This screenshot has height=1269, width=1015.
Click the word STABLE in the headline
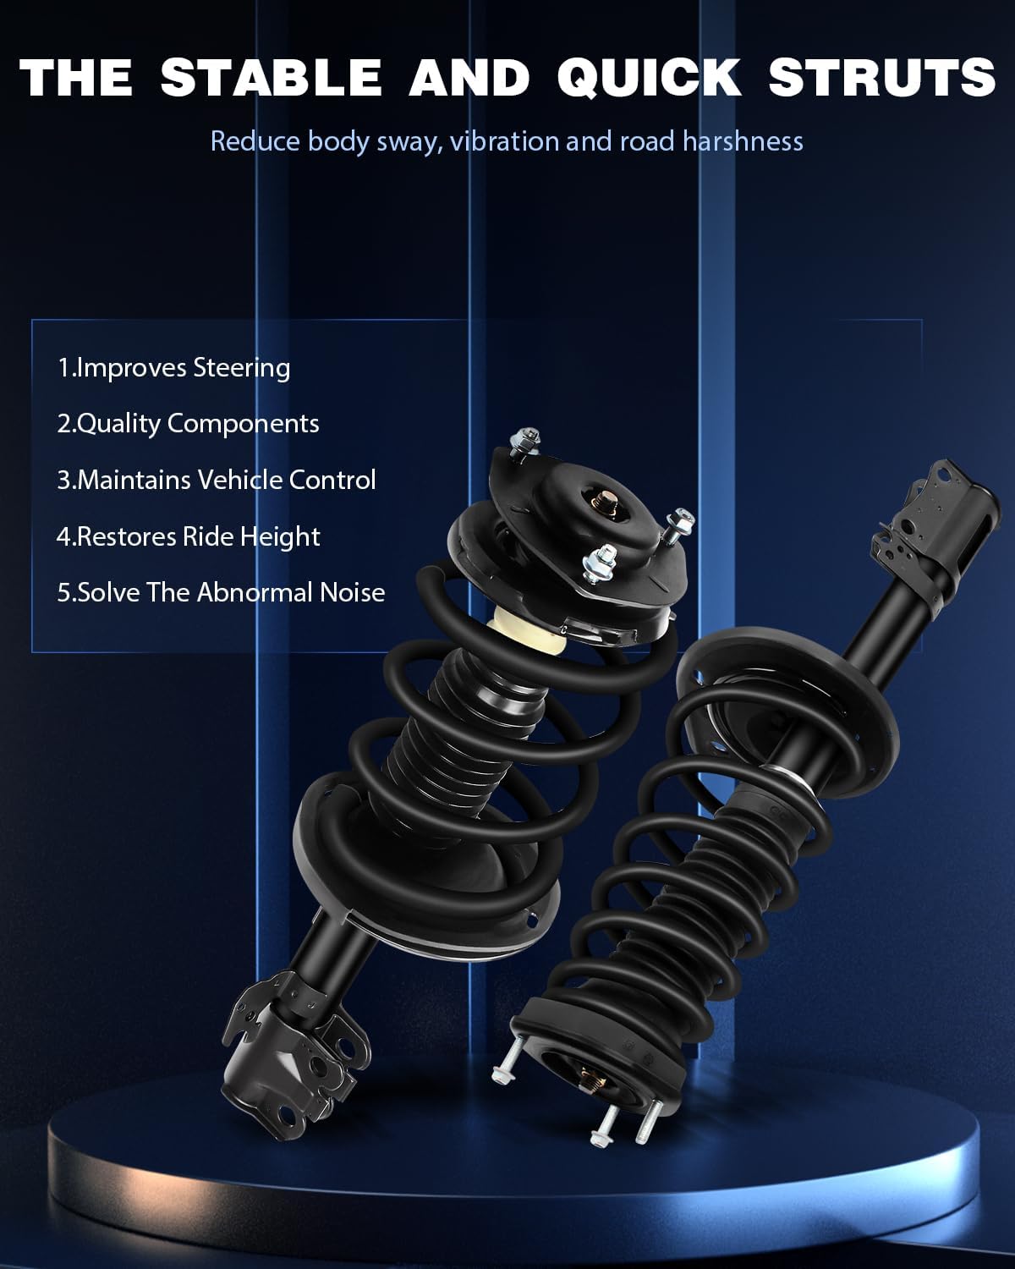click(x=272, y=78)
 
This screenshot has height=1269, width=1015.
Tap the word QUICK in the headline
click(x=649, y=78)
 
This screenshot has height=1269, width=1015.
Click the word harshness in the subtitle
click(x=743, y=141)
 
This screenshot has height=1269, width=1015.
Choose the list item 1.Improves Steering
click(x=173, y=368)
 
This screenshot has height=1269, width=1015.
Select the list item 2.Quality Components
click(x=188, y=424)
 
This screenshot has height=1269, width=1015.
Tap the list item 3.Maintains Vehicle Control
click(x=217, y=480)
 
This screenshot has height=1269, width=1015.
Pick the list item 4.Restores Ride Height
click(x=188, y=536)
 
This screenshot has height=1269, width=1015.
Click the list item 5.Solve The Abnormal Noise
click(x=221, y=593)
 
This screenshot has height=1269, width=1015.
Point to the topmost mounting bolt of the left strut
click(x=524, y=441)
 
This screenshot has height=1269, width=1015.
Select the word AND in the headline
click(x=469, y=78)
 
